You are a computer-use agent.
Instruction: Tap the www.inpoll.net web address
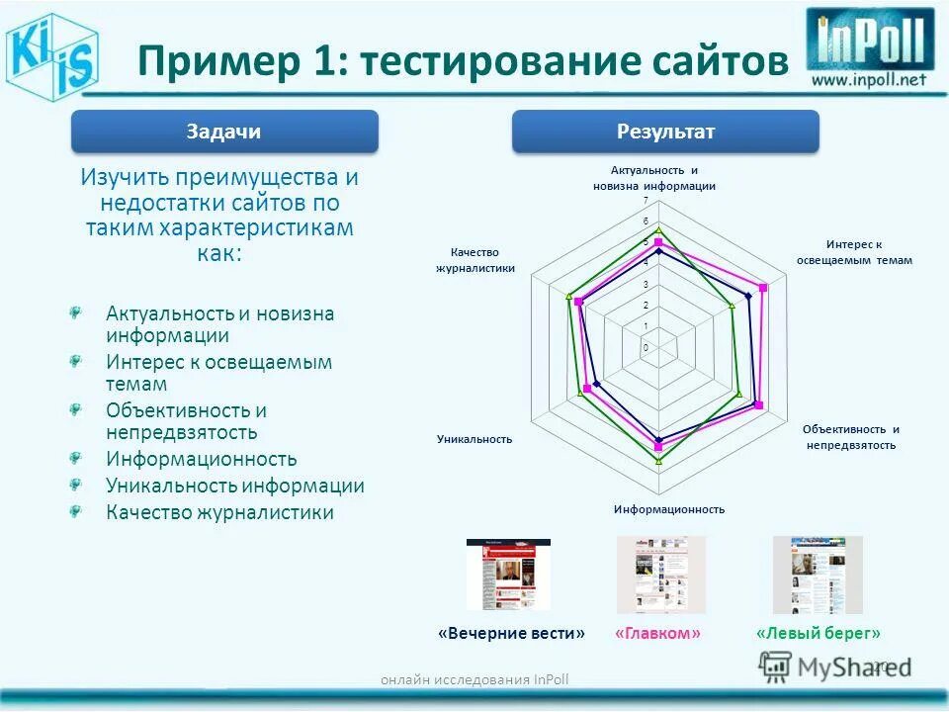pos(870,80)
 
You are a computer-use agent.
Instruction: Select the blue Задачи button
pos(224,132)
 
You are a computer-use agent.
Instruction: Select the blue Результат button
pos(665,132)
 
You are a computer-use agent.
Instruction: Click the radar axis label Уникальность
pos(474,438)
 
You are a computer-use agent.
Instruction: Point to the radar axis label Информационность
pos(668,509)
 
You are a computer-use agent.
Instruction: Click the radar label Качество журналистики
pos(475,260)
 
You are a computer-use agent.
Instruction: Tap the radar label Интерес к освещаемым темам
pos(854,252)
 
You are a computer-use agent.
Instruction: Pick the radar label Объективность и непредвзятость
pos(851,437)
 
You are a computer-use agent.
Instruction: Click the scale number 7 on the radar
pos(646,201)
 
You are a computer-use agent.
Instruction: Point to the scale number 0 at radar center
pos(646,348)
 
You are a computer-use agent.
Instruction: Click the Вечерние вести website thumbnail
pos(508,575)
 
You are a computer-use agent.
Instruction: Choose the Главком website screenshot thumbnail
pos(660,575)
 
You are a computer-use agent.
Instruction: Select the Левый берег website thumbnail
pos(817,575)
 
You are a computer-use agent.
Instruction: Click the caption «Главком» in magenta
pos(657,633)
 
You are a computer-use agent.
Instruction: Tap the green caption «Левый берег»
pos(818,633)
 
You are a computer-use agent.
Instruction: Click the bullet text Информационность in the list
pos(202,459)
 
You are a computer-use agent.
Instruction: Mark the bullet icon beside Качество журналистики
pos(75,510)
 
